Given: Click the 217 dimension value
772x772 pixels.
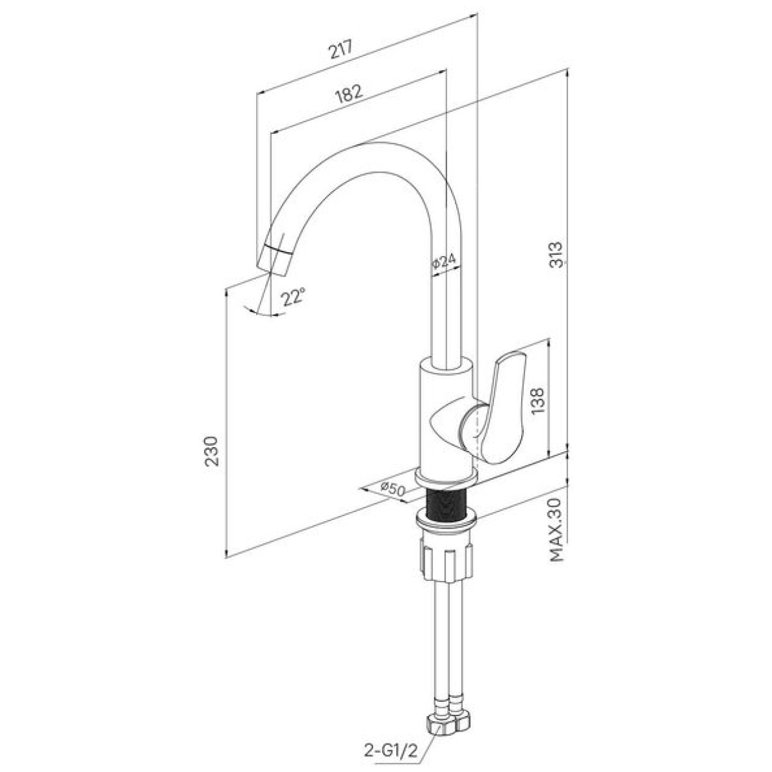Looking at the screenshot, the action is click(340, 50).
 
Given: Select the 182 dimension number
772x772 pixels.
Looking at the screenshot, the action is click(349, 94).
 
